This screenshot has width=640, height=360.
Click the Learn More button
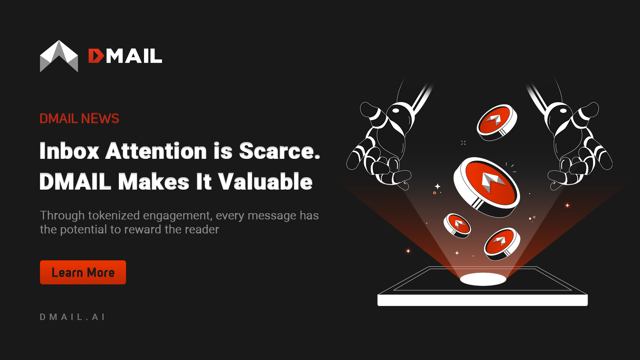click(83, 272)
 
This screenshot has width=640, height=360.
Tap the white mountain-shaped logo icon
click(59, 56)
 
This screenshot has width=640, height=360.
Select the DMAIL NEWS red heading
click(79, 118)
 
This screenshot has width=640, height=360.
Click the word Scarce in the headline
click(279, 151)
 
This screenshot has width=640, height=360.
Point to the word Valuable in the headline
click(265, 182)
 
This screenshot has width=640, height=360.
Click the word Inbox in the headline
click(69, 151)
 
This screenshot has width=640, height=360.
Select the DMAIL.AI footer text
click(72, 317)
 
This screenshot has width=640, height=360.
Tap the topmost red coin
click(496, 121)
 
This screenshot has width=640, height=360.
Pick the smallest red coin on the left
click(457, 225)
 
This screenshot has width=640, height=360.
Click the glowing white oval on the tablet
click(483, 279)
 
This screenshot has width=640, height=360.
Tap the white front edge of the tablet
click(482, 300)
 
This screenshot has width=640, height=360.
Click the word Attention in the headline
click(156, 151)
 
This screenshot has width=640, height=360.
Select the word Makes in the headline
click(154, 182)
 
